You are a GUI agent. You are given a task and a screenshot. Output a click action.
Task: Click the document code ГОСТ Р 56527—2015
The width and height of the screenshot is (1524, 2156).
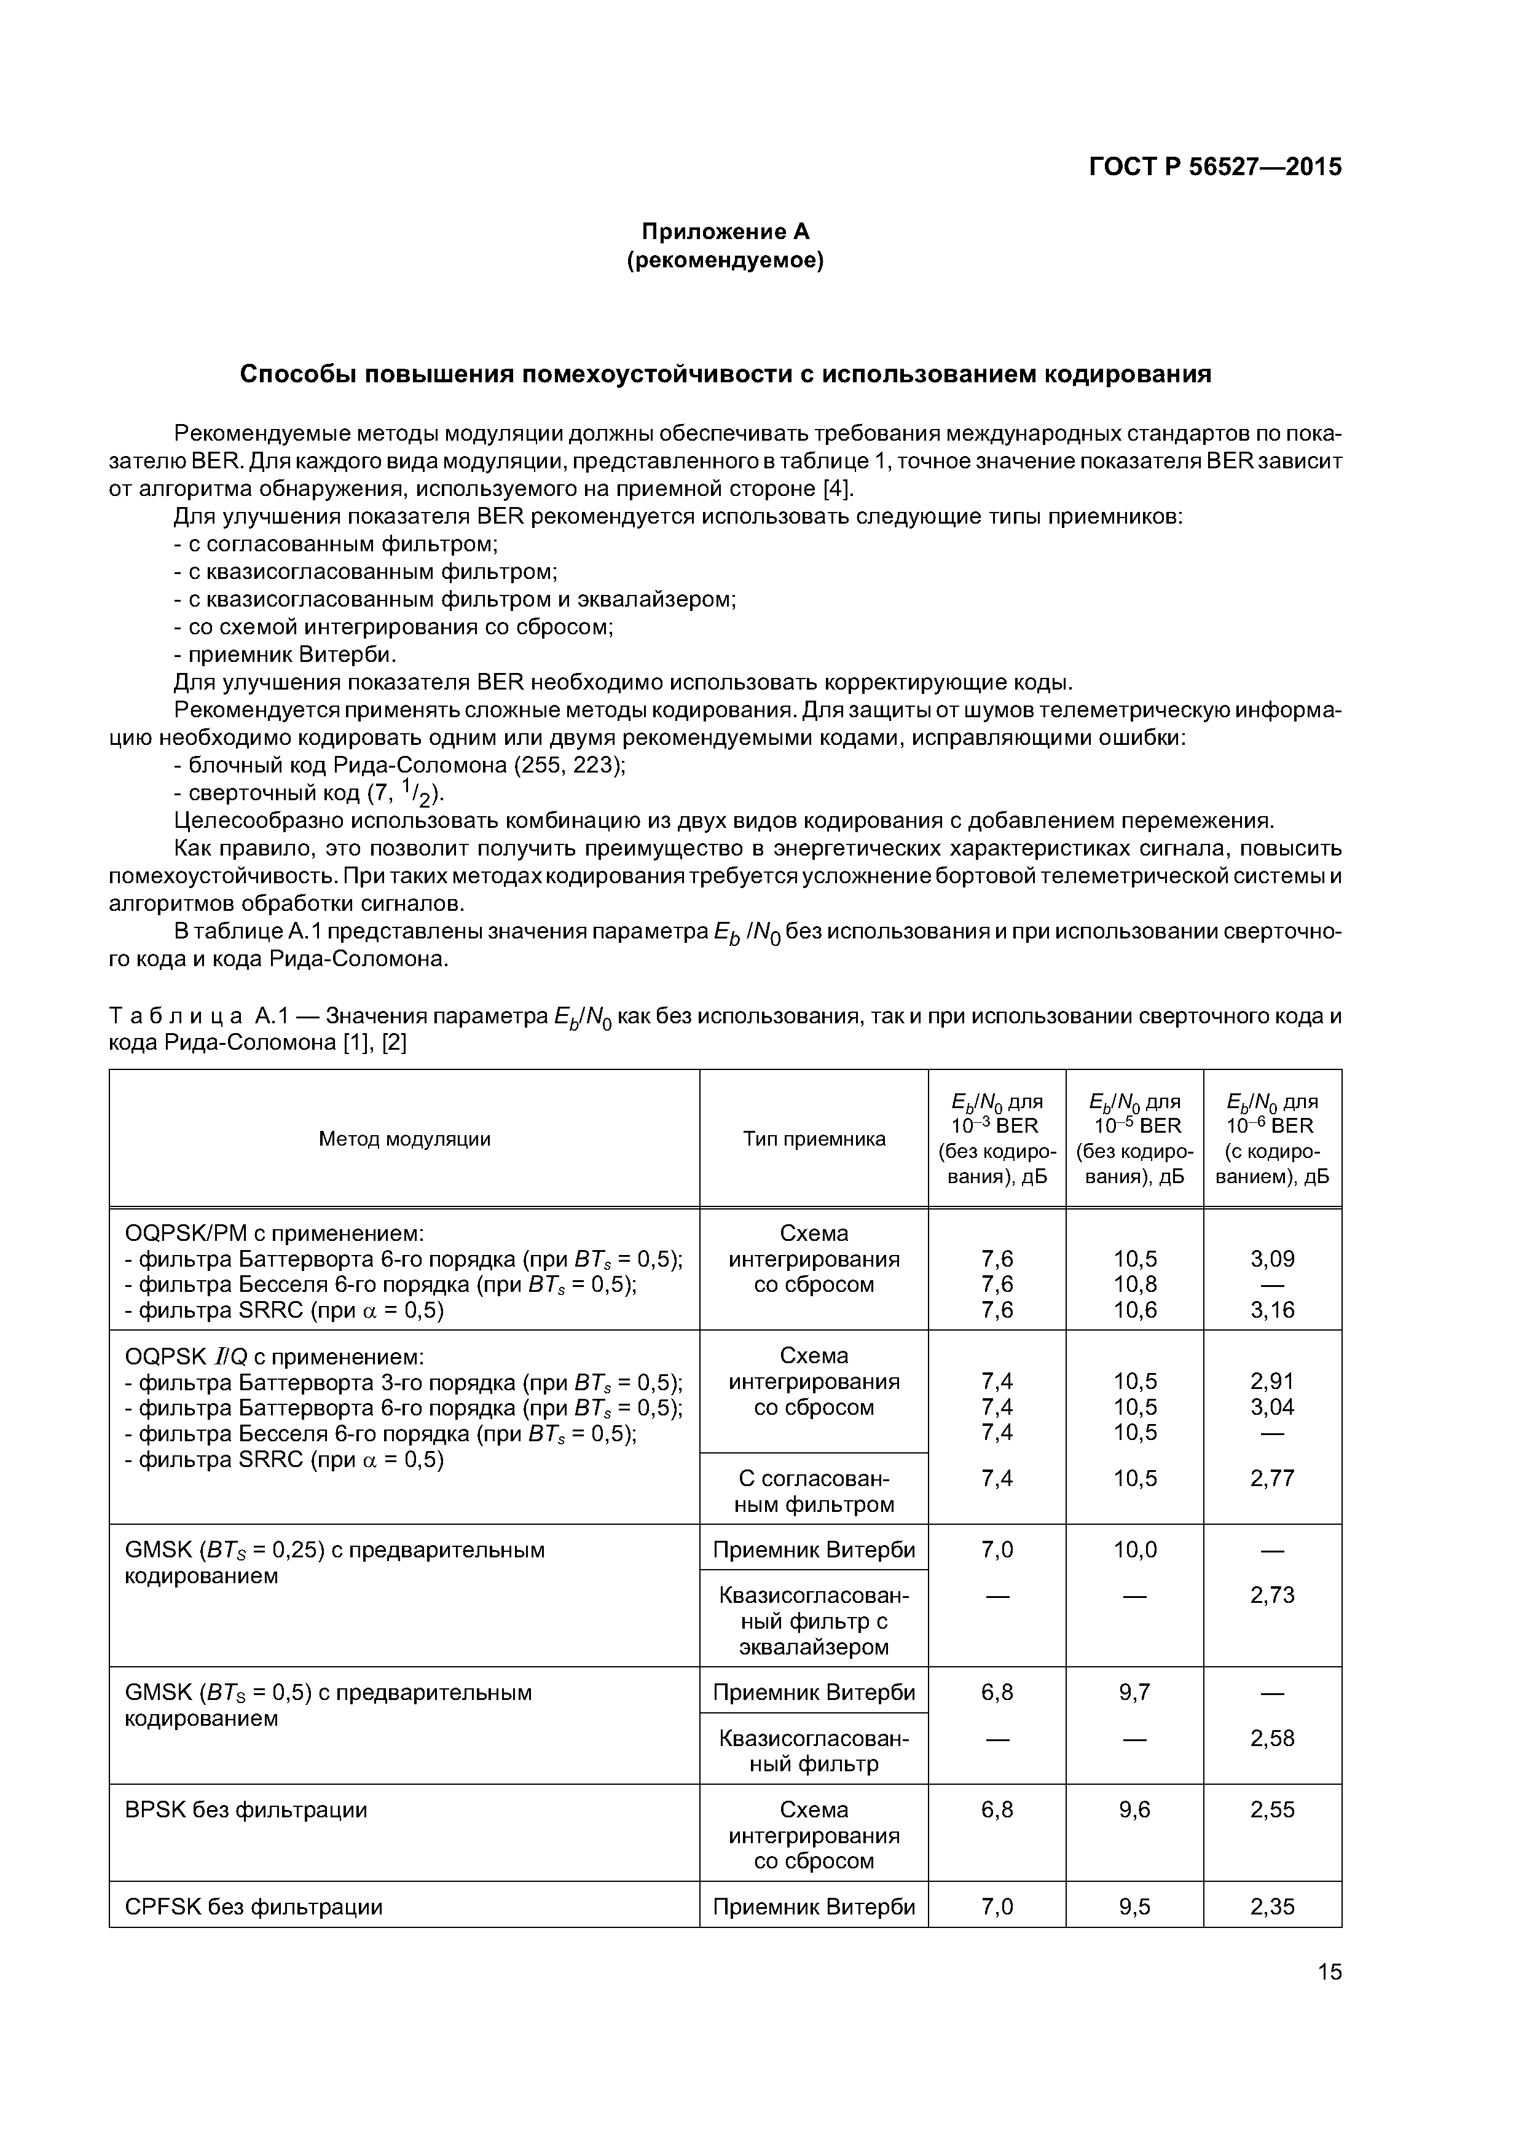[1214, 167]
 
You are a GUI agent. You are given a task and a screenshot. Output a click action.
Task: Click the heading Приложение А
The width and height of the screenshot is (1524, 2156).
[725, 231]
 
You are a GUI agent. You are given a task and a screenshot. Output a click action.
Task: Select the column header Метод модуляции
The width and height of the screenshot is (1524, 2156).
[405, 1139]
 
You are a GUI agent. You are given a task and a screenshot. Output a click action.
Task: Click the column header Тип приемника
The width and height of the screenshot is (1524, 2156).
[814, 1139]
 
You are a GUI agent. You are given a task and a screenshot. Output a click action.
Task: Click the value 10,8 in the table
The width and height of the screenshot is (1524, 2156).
[1134, 1284]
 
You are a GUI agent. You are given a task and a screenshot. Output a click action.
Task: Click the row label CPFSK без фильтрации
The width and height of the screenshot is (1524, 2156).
[254, 1906]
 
